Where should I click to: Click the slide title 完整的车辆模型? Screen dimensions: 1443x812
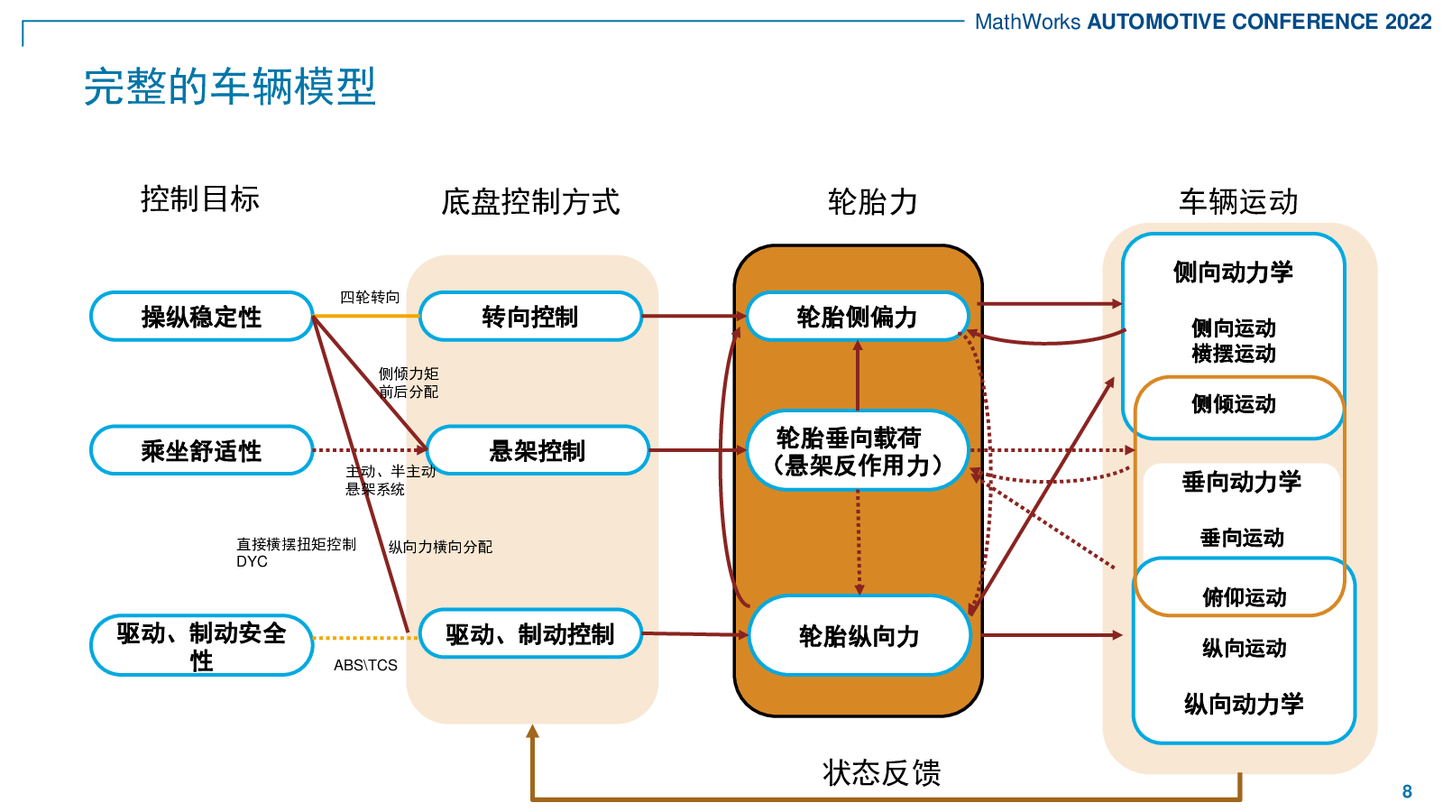tap(229, 87)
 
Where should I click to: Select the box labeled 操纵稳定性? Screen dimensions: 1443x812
tap(202, 317)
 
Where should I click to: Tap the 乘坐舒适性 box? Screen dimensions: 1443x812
tap(202, 450)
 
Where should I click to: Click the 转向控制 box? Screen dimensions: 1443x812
tap(530, 317)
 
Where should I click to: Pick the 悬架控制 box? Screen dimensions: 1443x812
tap(538, 450)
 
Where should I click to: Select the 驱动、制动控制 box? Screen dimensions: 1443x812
tap(530, 634)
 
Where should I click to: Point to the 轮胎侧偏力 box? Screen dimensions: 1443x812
tap(858, 317)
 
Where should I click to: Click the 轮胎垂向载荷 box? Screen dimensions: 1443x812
tap(858, 450)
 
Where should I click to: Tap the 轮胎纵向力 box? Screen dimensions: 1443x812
tap(859, 636)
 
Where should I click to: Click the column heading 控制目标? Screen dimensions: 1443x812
tap(200, 198)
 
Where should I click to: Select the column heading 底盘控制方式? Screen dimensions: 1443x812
tap(530, 202)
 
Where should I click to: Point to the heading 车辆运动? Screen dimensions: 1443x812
tap(1238, 202)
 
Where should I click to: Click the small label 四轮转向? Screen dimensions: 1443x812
tap(370, 297)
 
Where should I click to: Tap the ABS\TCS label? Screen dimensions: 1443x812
tap(365, 665)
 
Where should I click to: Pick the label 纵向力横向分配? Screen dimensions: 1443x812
tap(440, 547)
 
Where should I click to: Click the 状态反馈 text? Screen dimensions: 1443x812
tap(881, 772)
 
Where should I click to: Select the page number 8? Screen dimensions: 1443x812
tap(1407, 791)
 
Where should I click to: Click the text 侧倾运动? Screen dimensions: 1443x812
tap(1234, 404)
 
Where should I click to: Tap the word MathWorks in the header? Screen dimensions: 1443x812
tap(1027, 22)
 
